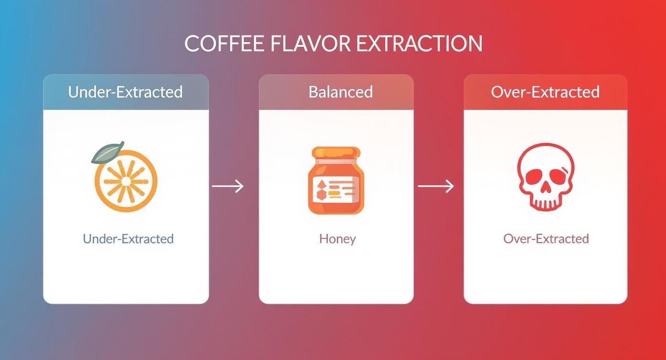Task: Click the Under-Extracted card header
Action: (126, 92)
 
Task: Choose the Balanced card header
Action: (341, 92)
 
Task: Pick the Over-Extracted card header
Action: (545, 92)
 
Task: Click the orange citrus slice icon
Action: (126, 181)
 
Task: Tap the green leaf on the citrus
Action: (108, 152)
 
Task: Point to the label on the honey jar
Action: (336, 188)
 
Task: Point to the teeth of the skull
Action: (545, 203)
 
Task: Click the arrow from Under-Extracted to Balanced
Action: (228, 186)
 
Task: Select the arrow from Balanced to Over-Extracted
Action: (436, 186)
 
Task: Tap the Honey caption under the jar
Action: (337, 239)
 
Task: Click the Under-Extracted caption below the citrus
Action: (128, 239)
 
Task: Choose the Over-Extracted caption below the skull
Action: (546, 239)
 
